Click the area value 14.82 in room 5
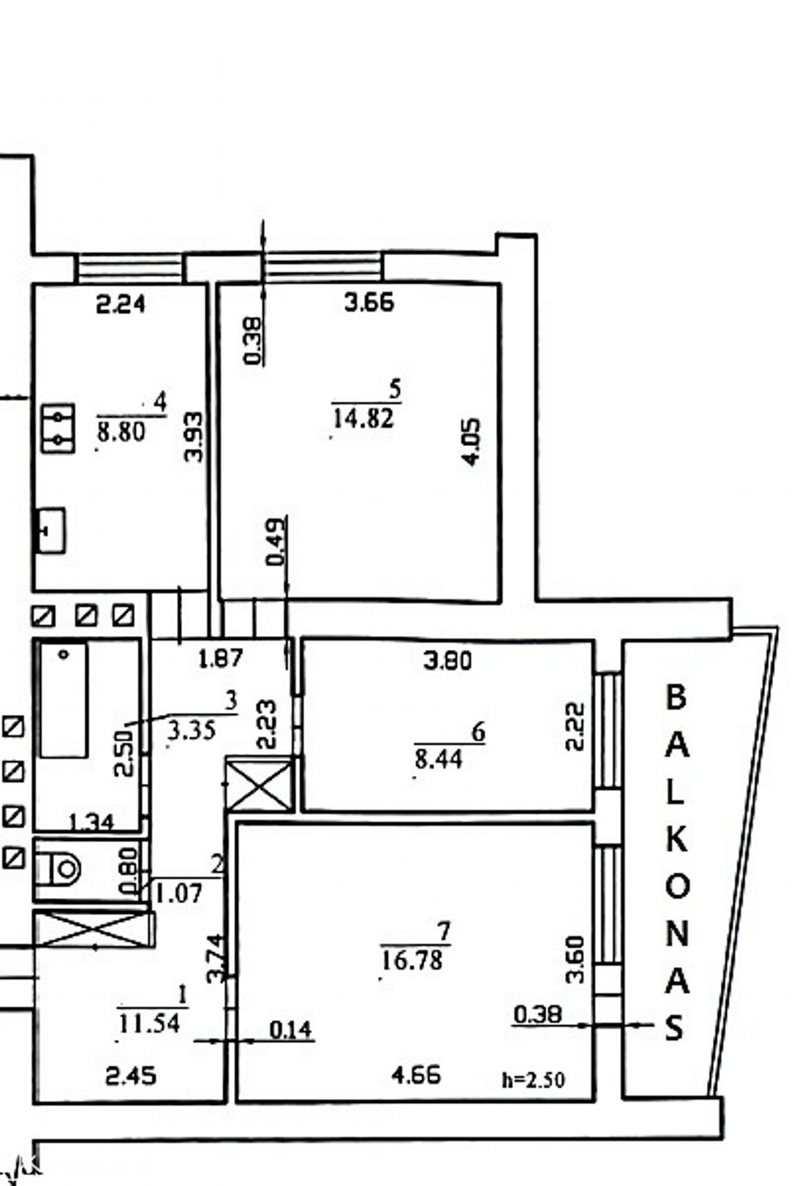pos(364,418)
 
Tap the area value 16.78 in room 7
pos(412,959)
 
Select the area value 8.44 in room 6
pos(439,759)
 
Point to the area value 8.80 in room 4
pos(121,431)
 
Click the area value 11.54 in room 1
pos(149,1023)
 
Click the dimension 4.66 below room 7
pos(416,1075)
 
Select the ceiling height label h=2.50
pos(534,1080)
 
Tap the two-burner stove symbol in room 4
pos(58,428)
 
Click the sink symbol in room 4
pos(51,530)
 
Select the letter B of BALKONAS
pos(677,697)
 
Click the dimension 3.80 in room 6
pos(447,660)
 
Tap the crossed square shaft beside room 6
pos(259,784)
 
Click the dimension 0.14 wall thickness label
pos(291,1029)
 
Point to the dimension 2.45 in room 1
pos(130,1076)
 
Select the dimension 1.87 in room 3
pos(220,659)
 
